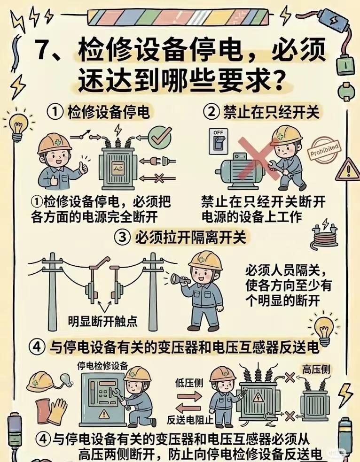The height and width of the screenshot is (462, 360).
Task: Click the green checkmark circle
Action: pos(159,137)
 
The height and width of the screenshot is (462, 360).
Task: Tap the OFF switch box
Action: pos(219,141)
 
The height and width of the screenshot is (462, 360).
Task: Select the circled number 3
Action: pos(122,238)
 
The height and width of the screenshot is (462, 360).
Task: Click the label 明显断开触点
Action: pos(102,321)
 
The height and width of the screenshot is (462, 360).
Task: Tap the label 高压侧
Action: pos(316,369)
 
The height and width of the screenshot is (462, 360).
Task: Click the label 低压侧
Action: pos(189,383)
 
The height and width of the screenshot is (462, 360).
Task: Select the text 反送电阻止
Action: pos(189,420)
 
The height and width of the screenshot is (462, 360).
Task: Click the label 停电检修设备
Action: pos(102,366)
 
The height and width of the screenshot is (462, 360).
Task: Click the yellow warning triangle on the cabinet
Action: pos(104,414)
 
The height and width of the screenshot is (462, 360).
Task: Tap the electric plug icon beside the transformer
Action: pos(158,161)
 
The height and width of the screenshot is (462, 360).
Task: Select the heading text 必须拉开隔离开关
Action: pos(190,238)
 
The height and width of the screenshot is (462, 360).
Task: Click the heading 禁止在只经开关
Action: pos(271,112)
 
